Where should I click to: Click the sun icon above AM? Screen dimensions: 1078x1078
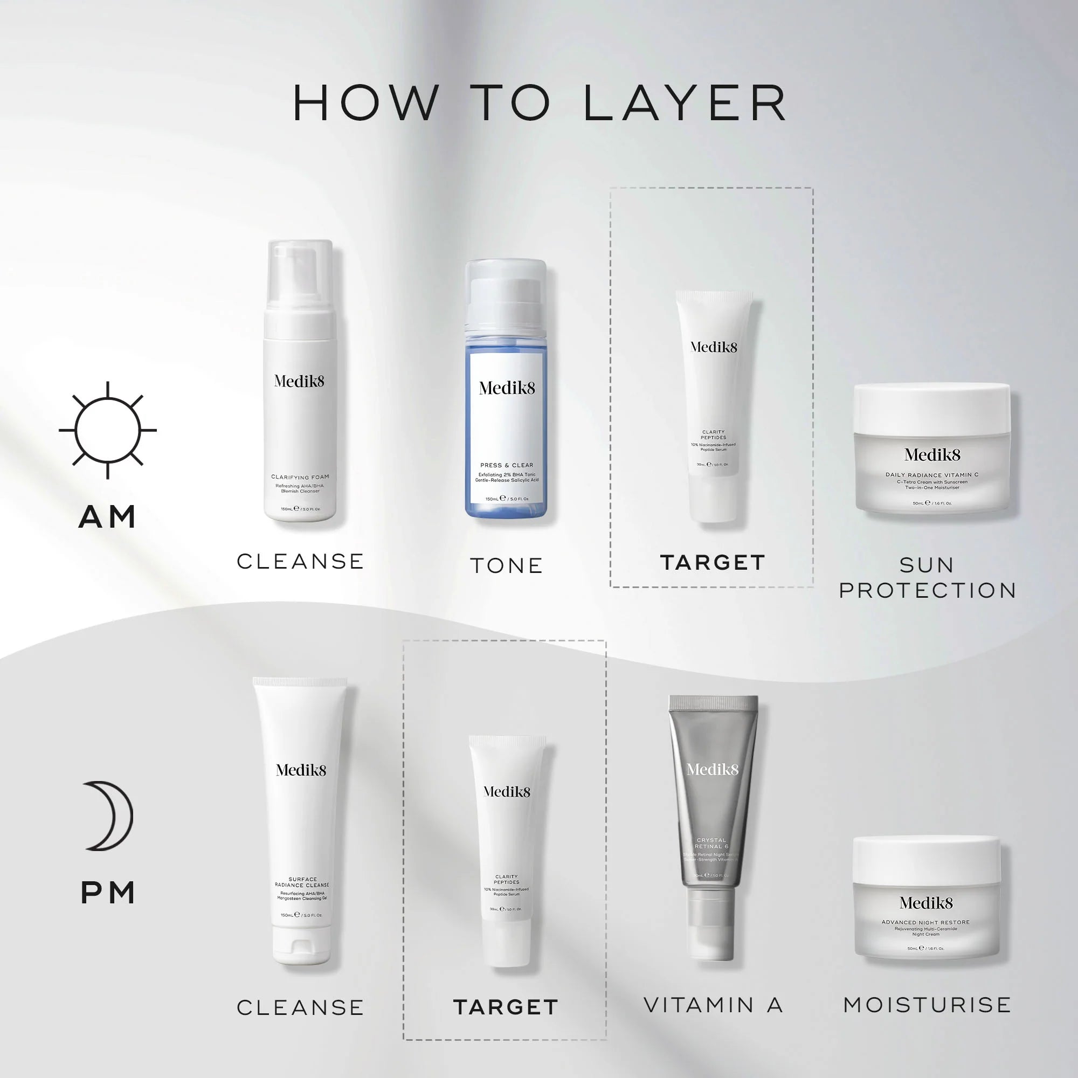pos(108,430)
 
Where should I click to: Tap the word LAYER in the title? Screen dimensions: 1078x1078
pos(685,104)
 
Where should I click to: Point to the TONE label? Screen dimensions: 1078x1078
pos(506,566)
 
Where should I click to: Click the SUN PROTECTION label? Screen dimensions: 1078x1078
pos(927,578)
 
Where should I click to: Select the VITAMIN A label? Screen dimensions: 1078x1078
pos(713,1005)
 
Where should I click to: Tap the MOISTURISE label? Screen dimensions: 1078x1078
pos(927,1005)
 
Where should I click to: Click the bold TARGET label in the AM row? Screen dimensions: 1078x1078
pos(713,562)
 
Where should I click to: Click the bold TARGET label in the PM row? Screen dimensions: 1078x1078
pos(506,1007)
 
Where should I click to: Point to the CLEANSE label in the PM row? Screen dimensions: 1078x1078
pos(300,1007)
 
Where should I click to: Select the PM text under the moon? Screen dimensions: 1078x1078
pos(108,893)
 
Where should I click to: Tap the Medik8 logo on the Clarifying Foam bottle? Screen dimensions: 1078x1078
pos(299,381)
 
